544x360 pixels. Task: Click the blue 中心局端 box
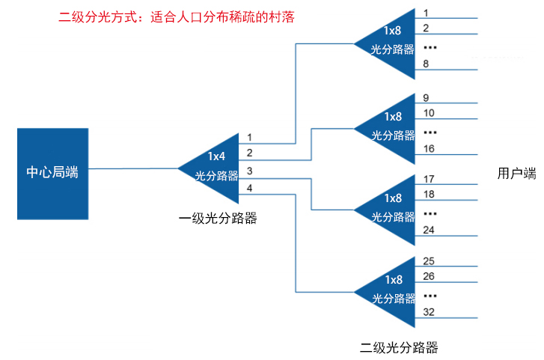(52, 173)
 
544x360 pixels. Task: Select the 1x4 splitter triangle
(214, 166)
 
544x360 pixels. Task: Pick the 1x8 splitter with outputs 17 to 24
(393, 209)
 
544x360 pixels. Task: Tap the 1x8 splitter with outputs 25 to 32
(393, 290)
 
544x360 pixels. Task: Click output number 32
(430, 311)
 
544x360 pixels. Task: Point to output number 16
(430, 149)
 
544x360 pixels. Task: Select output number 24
(430, 230)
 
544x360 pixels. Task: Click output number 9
(426, 98)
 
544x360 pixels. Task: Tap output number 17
(430, 180)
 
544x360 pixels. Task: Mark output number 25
(430, 261)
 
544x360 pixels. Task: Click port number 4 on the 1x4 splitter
(250, 187)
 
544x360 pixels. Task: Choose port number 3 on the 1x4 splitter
(250, 171)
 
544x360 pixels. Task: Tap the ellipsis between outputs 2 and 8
(430, 47)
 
